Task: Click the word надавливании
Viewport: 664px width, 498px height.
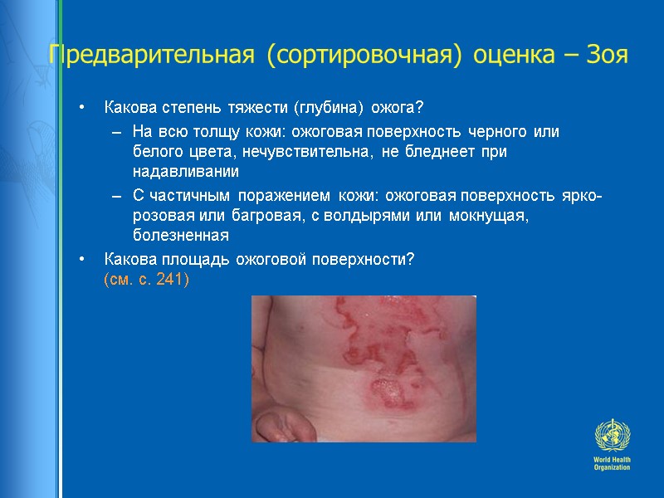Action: [185, 173]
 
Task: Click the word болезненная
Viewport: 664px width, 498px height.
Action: [180, 236]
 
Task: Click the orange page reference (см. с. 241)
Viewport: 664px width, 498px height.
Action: [146, 280]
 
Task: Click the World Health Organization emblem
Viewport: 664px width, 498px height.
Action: [612, 436]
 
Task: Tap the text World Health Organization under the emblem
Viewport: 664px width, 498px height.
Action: [612, 464]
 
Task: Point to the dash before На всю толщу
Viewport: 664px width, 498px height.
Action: [115, 133]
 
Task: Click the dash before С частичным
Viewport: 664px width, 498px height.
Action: [115, 196]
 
